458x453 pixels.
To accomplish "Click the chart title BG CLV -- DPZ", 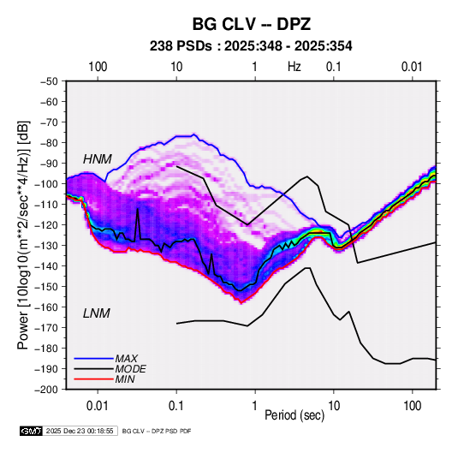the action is [x=251, y=24].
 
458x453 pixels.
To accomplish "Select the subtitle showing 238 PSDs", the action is [x=251, y=46].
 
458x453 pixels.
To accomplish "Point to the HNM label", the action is [x=98, y=159].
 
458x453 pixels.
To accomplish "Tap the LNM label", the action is [x=97, y=313].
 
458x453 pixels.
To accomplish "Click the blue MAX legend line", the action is [x=94, y=359].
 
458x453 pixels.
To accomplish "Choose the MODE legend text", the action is [x=131, y=369].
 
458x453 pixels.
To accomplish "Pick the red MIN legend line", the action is [x=94, y=379].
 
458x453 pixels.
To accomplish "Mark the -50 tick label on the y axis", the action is [x=49, y=81].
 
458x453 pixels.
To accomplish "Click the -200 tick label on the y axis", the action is [x=47, y=390].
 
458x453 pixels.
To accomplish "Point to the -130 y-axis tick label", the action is [x=47, y=245].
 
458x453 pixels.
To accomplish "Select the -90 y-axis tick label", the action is [x=49, y=163].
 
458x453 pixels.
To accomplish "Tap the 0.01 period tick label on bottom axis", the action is [x=98, y=406].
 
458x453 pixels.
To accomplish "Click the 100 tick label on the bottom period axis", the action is [x=412, y=406].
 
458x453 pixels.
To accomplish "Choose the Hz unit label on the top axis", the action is [x=294, y=67].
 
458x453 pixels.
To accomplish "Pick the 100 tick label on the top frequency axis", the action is [x=98, y=67].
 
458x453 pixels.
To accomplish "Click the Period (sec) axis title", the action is [x=294, y=415].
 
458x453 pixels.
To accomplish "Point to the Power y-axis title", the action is [x=23, y=235].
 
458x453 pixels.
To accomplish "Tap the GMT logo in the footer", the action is [x=32, y=431].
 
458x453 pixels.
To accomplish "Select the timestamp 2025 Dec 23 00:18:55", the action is [x=80, y=431].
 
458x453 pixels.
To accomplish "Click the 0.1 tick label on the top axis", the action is [x=334, y=67].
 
